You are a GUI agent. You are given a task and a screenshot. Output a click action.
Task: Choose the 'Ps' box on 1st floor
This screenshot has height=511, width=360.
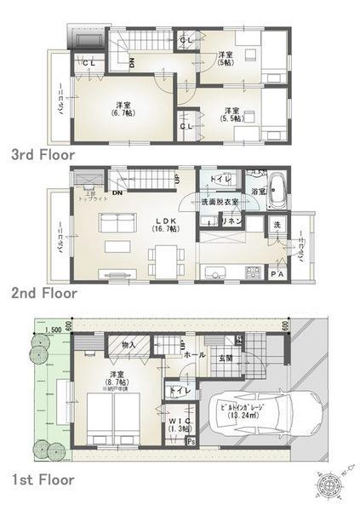[190, 442]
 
